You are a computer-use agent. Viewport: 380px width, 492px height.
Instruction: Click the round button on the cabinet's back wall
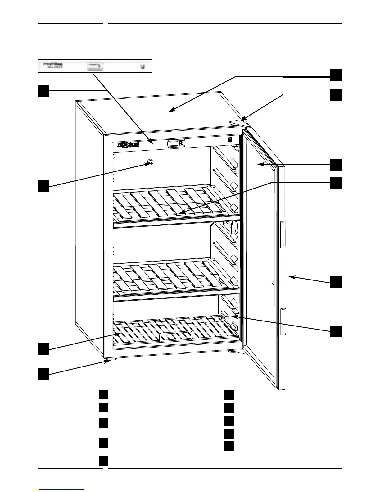151,162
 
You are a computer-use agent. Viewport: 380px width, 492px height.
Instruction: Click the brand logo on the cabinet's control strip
128,145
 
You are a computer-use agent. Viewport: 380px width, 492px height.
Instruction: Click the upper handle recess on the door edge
283,235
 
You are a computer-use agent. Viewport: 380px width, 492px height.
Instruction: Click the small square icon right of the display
230,140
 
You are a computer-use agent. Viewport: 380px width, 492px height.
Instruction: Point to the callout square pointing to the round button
44,186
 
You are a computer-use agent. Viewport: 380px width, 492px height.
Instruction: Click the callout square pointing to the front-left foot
44,374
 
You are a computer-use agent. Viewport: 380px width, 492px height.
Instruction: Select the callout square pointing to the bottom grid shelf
44,349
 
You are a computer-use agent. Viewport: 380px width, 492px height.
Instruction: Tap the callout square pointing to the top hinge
336,95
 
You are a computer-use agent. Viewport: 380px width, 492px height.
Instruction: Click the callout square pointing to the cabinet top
336,75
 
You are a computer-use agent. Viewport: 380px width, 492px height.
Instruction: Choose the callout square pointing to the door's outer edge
336,282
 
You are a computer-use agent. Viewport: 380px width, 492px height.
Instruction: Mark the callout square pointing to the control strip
44,91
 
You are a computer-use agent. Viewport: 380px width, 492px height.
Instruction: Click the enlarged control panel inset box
95,66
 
